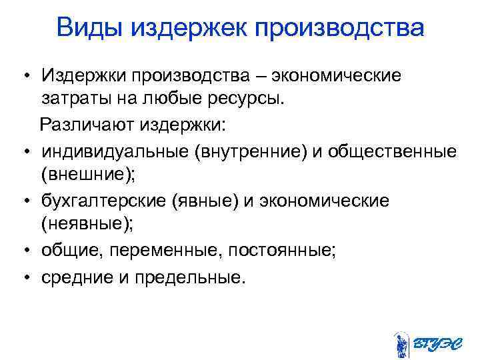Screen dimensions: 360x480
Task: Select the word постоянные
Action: [x=281, y=250]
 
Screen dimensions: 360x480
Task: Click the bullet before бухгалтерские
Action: [x=23, y=202]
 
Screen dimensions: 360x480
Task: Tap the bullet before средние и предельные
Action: [x=23, y=276]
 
